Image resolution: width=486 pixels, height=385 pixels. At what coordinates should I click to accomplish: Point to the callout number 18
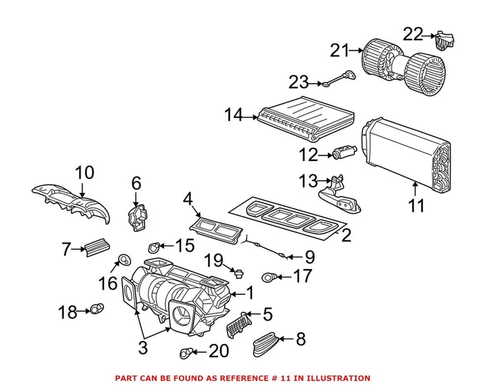[x=67, y=312]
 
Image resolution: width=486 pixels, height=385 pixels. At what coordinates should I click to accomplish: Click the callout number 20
[x=218, y=352]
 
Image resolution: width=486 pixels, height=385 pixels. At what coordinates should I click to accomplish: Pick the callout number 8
[x=300, y=339]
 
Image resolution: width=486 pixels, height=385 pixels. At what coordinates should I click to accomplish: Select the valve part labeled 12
[x=344, y=151]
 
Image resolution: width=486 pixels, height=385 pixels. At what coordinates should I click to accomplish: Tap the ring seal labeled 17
[x=269, y=278]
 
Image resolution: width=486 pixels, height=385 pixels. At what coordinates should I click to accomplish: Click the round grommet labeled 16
[x=124, y=260]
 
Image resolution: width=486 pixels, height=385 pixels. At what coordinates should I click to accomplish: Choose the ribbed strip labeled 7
[x=96, y=246]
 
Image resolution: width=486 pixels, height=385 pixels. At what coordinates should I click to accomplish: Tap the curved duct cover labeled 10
[x=73, y=200]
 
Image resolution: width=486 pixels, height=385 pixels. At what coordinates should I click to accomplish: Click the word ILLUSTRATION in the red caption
[x=336, y=378]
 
